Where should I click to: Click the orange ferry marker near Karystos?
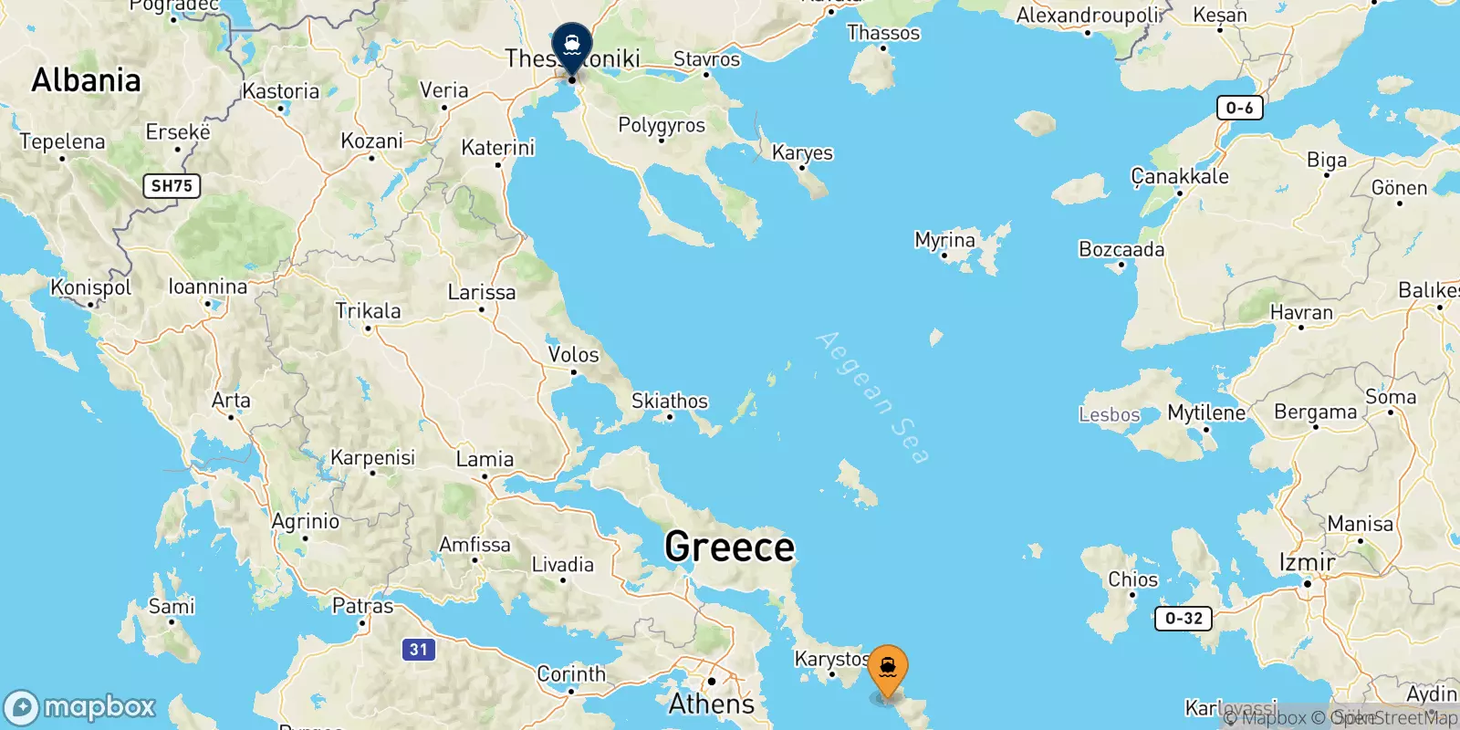(x=887, y=669)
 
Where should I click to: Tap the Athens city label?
(x=712, y=704)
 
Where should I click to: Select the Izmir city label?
(x=1307, y=562)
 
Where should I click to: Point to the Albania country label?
(x=87, y=80)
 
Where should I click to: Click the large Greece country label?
(x=729, y=547)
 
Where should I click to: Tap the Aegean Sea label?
(x=872, y=397)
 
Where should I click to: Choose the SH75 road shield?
(x=172, y=186)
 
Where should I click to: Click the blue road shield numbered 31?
(x=418, y=650)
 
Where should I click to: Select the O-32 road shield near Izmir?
(x=1184, y=618)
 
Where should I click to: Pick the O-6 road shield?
(x=1239, y=108)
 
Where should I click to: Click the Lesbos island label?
(x=1109, y=415)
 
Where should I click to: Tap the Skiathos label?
(x=669, y=401)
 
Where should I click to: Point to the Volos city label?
(x=573, y=354)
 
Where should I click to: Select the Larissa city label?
(x=481, y=292)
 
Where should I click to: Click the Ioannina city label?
(x=207, y=287)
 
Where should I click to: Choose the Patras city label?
(x=362, y=606)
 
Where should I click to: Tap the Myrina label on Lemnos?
(x=944, y=240)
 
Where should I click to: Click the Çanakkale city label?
(x=1179, y=176)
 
